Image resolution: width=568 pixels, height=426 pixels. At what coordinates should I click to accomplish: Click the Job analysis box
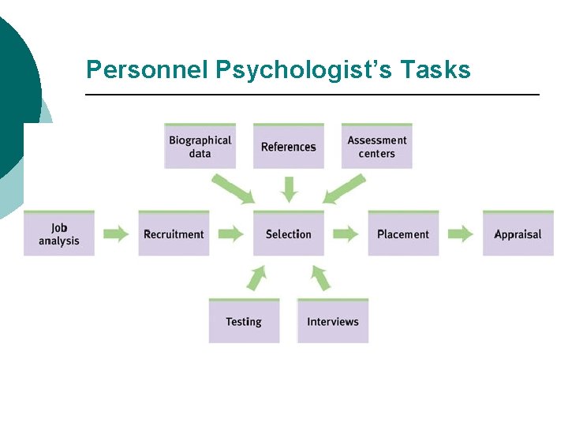(59, 234)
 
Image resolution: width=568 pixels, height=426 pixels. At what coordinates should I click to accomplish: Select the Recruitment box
(174, 234)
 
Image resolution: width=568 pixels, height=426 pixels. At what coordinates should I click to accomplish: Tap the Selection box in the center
(288, 234)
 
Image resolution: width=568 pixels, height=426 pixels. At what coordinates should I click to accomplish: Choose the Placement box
(403, 234)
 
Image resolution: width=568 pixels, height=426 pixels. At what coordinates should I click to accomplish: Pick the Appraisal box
(518, 234)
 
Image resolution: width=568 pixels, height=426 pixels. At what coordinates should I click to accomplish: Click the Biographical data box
(200, 147)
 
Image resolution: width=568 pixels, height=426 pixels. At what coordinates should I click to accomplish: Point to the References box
(288, 147)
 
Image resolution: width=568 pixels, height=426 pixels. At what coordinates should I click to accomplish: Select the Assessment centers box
(376, 147)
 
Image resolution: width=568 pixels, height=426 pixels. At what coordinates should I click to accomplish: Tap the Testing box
(244, 321)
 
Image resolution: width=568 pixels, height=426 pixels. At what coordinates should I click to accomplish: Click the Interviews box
(332, 321)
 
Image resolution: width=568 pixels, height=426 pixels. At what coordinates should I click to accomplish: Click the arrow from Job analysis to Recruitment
(117, 234)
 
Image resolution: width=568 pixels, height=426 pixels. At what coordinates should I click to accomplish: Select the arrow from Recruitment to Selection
(231, 234)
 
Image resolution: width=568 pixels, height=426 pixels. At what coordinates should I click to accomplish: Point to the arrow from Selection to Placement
(346, 234)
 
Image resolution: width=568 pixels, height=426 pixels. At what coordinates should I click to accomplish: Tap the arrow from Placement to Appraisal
(461, 234)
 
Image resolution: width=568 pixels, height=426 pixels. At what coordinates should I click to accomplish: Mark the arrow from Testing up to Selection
(257, 278)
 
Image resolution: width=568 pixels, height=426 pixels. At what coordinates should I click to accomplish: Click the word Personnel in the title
(147, 70)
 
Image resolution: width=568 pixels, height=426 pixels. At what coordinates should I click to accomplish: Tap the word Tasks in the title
(435, 70)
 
